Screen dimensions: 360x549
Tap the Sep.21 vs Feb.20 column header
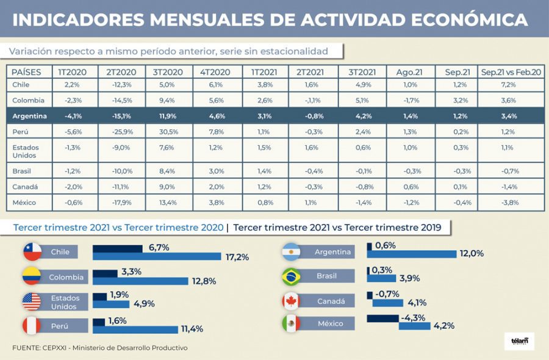click(x=507, y=71)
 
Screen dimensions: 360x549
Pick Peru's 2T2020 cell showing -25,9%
click(x=123, y=131)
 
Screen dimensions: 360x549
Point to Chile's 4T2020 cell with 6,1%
click(x=217, y=84)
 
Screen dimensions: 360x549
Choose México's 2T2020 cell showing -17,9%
click(x=123, y=203)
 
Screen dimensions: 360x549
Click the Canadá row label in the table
click(x=25, y=187)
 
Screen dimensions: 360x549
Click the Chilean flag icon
click(x=31, y=251)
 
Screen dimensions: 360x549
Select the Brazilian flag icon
click(x=290, y=276)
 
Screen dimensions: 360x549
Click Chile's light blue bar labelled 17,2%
click(x=157, y=256)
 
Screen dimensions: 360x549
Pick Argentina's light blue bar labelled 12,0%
click(x=412, y=254)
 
